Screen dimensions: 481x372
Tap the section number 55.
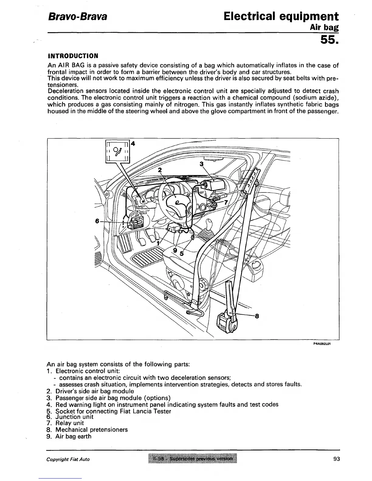(329, 40)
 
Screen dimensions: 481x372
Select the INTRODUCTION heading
(73, 56)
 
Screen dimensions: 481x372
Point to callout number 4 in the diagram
(133, 144)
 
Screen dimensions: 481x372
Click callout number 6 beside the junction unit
(97, 221)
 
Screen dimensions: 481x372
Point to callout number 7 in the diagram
(226, 203)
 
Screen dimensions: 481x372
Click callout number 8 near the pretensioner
(257, 316)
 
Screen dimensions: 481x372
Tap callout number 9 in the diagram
(175, 250)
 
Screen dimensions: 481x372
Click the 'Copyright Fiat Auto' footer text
(68, 459)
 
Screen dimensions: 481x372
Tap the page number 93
(336, 459)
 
